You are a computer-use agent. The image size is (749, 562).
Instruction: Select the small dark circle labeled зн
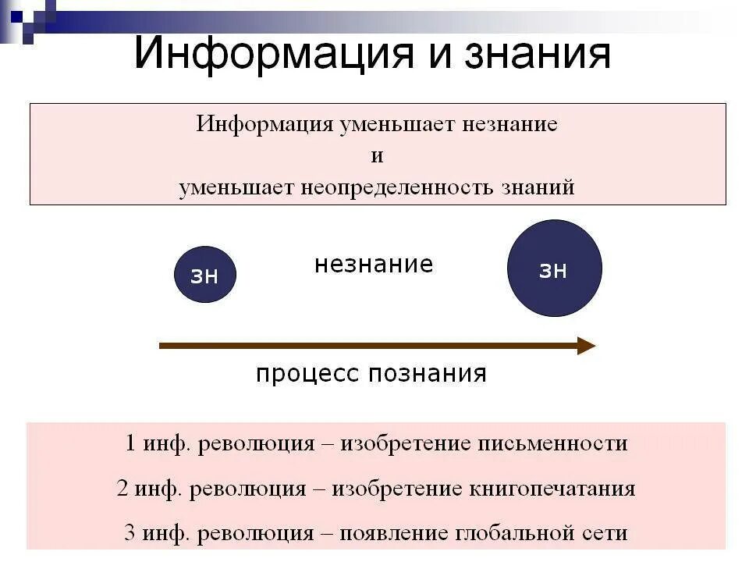[x=204, y=274]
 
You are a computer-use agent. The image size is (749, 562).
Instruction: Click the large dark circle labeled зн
[x=554, y=269]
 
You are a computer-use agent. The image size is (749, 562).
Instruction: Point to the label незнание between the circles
[x=374, y=265]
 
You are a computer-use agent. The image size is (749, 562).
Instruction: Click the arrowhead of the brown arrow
[x=586, y=346]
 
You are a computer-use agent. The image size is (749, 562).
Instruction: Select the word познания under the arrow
[x=428, y=374]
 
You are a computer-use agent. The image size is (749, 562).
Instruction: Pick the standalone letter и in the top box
[x=377, y=156]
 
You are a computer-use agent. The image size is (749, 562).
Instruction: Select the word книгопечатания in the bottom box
[x=552, y=489]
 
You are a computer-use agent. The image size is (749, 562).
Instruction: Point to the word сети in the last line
[x=606, y=534]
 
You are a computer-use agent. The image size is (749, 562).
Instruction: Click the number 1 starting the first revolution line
[x=130, y=444]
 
